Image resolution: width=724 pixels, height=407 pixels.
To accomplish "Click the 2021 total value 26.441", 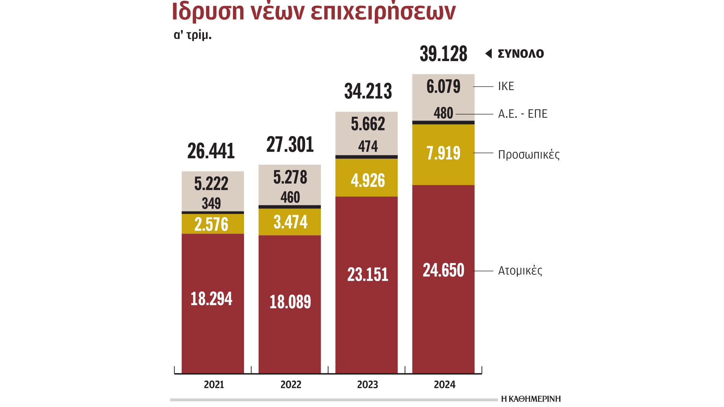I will [x=211, y=151].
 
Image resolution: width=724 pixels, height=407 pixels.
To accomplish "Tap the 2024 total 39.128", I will [x=443, y=54].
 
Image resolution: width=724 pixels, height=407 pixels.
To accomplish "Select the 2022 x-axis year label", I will [x=291, y=385].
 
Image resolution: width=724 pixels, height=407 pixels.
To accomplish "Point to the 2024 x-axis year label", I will [x=445, y=385].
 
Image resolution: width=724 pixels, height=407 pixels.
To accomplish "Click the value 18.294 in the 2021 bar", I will [x=211, y=299].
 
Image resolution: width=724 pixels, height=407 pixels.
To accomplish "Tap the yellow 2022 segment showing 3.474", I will [x=290, y=222].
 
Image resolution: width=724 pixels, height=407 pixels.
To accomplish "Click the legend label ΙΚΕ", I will [x=506, y=86].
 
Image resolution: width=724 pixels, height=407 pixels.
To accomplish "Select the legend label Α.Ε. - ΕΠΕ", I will [x=523, y=114].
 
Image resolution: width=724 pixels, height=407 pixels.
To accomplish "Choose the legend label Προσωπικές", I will [x=529, y=155].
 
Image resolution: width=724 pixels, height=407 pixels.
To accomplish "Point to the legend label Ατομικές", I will [x=520, y=271].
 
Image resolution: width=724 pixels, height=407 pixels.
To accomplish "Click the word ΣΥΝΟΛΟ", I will [x=521, y=54].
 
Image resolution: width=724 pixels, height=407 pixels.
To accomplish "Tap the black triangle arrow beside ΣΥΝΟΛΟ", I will [x=489, y=54].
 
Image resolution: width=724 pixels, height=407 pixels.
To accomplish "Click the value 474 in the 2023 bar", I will [x=368, y=146].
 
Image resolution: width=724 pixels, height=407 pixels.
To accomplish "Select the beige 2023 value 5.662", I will [x=368, y=124].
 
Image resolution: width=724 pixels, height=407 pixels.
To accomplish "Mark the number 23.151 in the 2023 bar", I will [x=368, y=274].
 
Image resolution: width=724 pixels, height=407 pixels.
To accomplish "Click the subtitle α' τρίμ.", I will [x=192, y=35].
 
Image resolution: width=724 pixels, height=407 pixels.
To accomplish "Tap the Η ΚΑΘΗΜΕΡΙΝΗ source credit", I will [x=531, y=399].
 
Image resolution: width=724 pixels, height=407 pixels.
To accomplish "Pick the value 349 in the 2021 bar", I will [x=211, y=203].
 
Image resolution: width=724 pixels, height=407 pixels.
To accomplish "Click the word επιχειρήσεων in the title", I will [x=383, y=11].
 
